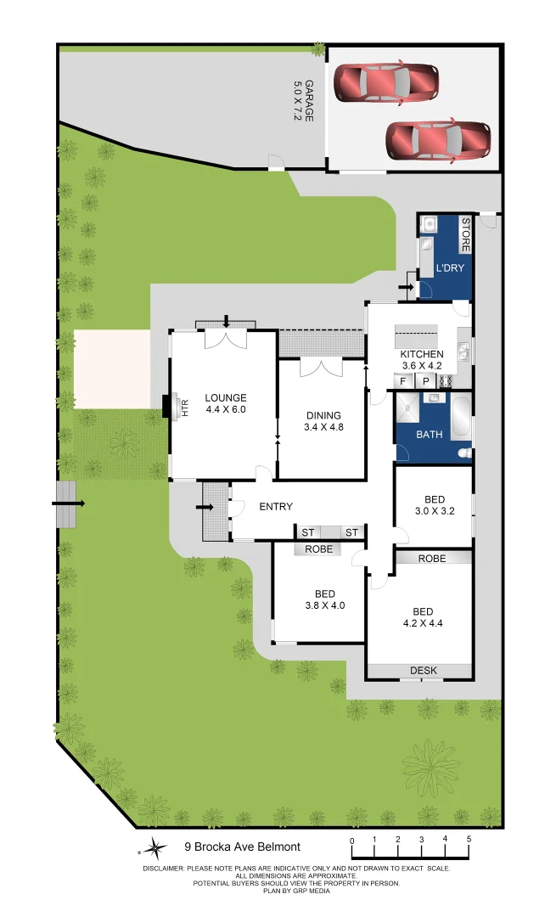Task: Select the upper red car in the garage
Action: pos(386,82)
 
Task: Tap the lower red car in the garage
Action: pos(438,140)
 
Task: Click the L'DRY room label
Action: pos(449,269)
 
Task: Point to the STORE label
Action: pos(465,235)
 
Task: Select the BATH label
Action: pos(430,435)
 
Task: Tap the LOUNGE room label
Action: pos(225,403)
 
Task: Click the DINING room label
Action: pos(323,421)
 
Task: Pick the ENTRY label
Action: pos(276,507)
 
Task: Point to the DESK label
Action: pos(424,671)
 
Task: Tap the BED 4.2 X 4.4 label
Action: pos(423,617)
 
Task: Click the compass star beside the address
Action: pos(155,847)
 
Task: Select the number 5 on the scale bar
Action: pos(469,840)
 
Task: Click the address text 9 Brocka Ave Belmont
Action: pos(243,847)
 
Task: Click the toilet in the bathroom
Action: pos(464,454)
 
